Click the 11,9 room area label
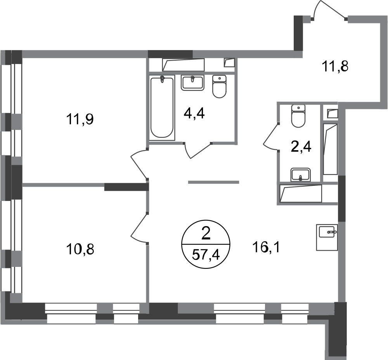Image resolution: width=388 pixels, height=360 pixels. pos(80,119)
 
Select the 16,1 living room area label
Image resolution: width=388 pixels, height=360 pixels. pos(266,247)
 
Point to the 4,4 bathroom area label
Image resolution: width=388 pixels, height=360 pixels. pos(194,113)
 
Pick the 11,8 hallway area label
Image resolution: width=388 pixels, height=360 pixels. pos(335,66)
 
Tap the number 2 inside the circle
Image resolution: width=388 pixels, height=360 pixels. pos(206,234)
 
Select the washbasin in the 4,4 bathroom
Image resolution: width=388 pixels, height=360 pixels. pos(193,83)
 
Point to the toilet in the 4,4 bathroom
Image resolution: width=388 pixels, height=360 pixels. pos(219,87)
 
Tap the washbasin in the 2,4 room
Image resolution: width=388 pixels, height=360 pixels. pos(301,175)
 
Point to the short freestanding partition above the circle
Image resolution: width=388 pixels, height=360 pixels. pos(213,182)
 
